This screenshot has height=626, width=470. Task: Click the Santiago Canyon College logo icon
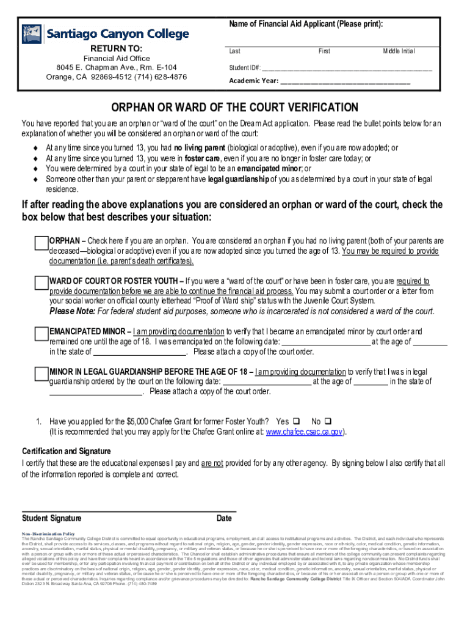[32, 34]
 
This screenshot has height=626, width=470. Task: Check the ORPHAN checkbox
[42, 243]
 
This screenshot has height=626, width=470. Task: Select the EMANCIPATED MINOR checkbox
[42, 333]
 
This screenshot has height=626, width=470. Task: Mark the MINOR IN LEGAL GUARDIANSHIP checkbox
[42, 374]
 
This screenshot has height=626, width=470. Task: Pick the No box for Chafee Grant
[328, 422]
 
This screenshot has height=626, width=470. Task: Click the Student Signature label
[52, 519]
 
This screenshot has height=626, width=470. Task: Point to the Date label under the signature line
[224, 519]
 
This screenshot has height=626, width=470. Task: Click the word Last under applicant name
[235, 51]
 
